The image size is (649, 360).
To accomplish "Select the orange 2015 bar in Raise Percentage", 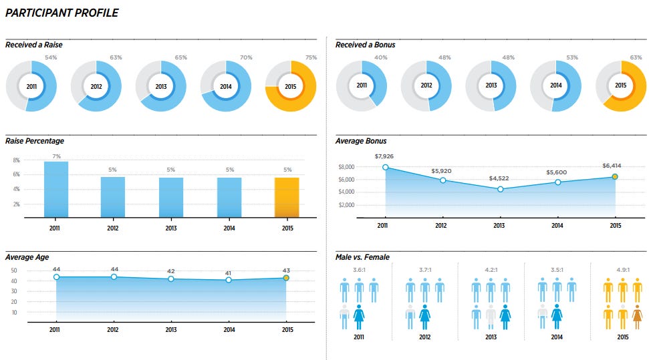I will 287,197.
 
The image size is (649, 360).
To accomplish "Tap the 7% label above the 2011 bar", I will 56,156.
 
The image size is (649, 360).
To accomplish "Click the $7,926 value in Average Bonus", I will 385,157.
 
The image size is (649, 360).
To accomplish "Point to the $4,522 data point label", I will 499,179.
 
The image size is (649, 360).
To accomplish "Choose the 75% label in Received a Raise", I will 311,57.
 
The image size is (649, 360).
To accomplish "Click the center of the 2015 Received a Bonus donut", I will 620,85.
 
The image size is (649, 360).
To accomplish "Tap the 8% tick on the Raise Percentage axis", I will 17,160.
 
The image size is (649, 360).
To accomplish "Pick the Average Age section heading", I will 27,257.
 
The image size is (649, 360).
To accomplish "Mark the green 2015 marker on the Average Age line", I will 286,278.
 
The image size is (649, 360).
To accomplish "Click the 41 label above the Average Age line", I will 229,273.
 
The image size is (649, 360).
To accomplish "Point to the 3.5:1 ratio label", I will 557,271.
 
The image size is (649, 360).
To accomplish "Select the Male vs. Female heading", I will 362,257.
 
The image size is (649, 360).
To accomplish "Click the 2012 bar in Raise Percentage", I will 113,197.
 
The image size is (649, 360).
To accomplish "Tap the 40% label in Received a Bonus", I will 380,57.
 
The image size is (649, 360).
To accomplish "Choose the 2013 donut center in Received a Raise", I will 161,86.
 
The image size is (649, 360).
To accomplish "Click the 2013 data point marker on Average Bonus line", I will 500,189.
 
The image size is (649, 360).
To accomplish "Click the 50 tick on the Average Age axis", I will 15,271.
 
